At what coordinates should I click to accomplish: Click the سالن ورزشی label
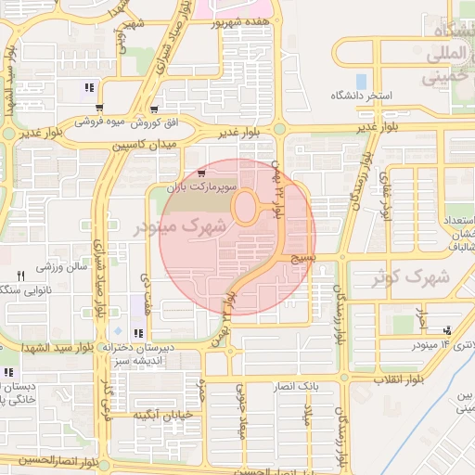[61, 267]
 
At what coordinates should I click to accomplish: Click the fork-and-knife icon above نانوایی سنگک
[20, 276]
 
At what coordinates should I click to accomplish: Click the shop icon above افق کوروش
[99, 108]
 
